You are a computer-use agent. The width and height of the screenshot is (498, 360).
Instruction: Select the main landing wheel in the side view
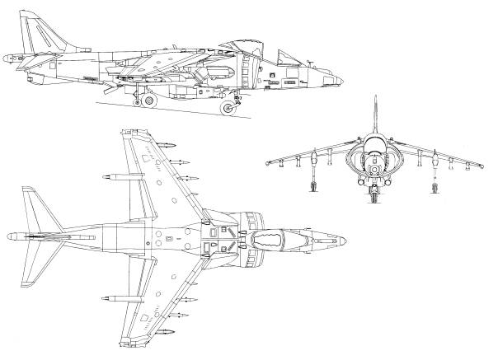(149, 101)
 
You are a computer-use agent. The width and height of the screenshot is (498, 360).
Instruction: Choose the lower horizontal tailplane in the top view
(37, 272)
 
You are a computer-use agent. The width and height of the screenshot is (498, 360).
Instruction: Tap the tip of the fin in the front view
(376, 97)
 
